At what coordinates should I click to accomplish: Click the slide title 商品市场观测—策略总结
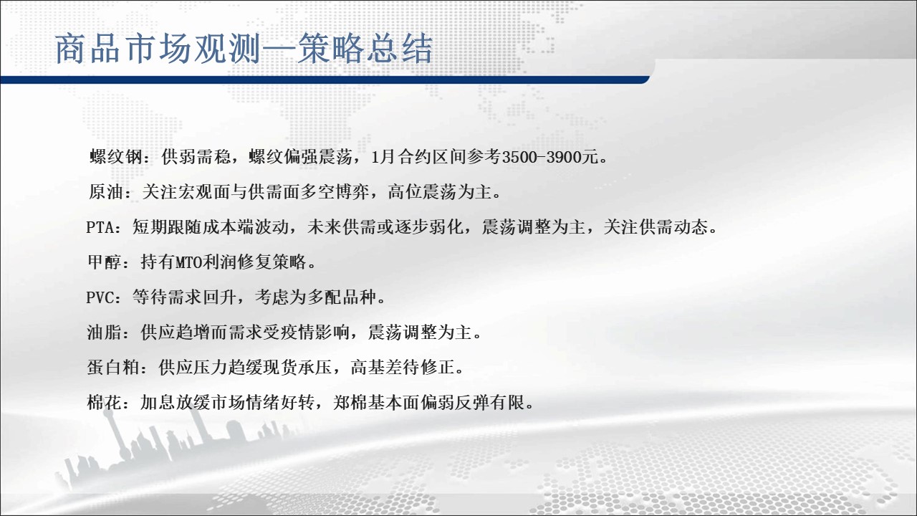[244, 49]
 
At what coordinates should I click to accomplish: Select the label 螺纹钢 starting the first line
[116, 157]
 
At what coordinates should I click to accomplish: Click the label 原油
[106, 192]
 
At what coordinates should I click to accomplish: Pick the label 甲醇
[105, 262]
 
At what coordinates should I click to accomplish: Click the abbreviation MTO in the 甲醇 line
[188, 262]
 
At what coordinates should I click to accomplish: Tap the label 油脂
[105, 333]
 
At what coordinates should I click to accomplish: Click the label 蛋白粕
[113, 368]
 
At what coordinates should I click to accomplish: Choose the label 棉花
[105, 403]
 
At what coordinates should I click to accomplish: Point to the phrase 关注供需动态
[656, 227]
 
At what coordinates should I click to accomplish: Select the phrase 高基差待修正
[403, 368]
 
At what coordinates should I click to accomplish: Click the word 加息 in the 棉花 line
[158, 403]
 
